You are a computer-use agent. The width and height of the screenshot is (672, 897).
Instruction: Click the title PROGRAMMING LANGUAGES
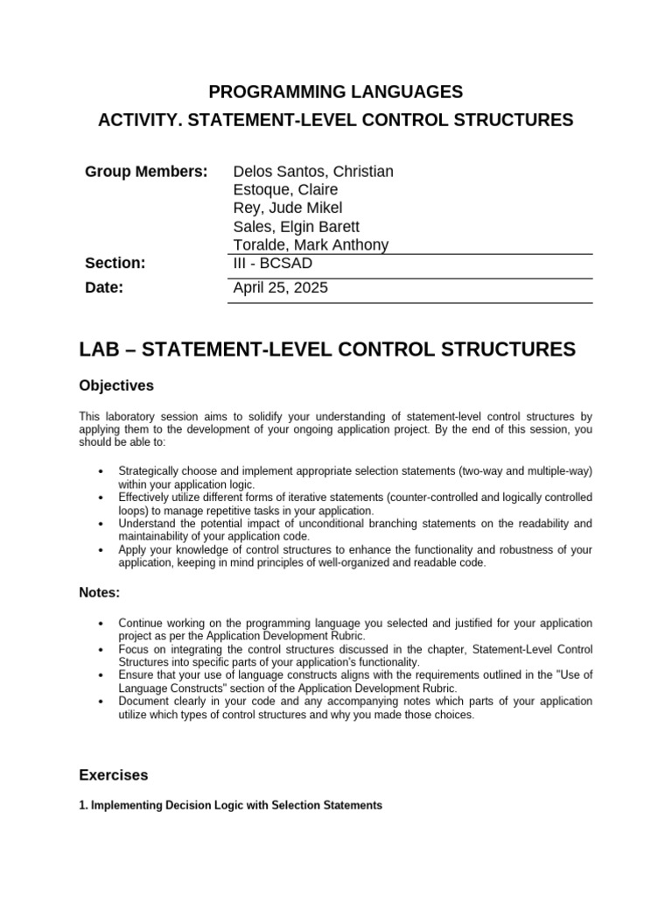(335, 91)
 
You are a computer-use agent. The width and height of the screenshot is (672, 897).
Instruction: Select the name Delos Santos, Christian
(313, 172)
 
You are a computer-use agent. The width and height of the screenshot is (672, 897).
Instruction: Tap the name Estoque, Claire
(285, 190)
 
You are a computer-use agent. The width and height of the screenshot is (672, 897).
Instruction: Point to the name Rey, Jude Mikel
(288, 208)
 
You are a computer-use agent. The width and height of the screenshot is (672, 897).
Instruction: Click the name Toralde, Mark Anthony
(311, 245)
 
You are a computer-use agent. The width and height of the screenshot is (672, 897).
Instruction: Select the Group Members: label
(146, 172)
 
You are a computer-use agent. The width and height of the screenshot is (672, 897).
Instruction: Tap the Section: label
(115, 264)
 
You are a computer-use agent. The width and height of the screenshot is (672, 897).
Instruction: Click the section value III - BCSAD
(273, 264)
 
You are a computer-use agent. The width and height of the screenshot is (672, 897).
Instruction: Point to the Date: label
(104, 287)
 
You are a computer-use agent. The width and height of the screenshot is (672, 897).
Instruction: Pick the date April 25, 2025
(280, 287)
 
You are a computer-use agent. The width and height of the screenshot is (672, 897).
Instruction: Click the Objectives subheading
(116, 385)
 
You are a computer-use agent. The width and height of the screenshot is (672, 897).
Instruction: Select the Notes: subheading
(100, 593)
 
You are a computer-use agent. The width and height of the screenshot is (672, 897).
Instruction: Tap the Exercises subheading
(114, 775)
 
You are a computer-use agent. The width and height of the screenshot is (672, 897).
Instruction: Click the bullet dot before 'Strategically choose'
(105, 472)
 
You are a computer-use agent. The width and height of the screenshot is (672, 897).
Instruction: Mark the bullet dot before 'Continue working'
(105, 624)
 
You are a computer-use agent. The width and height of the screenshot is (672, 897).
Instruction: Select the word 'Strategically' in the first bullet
(150, 471)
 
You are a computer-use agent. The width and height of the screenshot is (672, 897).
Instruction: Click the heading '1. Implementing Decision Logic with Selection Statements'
(230, 805)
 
